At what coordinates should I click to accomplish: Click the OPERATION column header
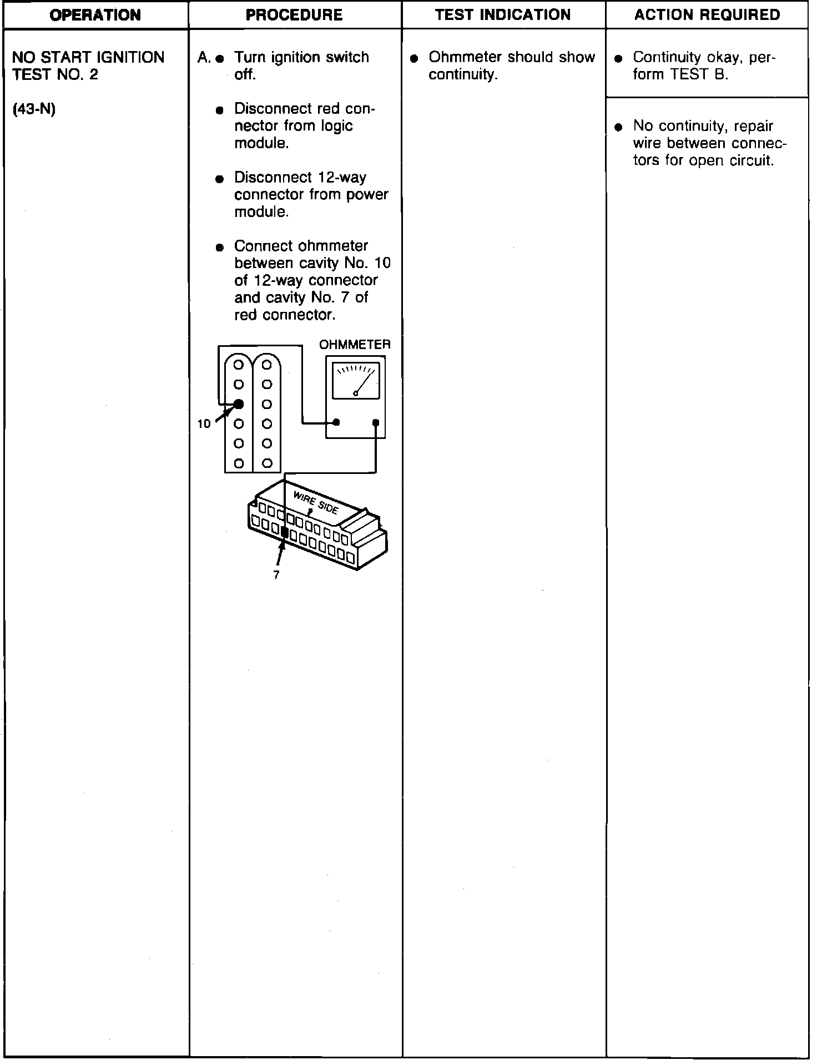(x=95, y=15)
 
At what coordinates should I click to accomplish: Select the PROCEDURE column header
(x=294, y=15)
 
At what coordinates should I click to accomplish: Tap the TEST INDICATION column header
(x=503, y=15)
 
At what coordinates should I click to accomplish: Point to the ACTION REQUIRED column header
(x=707, y=15)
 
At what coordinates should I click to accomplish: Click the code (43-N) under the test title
(x=34, y=109)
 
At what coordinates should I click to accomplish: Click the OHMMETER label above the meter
(x=355, y=345)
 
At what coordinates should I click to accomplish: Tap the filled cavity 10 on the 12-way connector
(x=239, y=404)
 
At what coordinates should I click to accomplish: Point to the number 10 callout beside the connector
(x=204, y=424)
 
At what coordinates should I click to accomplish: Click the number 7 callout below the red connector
(x=276, y=576)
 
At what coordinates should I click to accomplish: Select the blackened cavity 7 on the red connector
(x=285, y=532)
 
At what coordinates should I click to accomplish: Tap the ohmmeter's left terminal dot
(x=336, y=423)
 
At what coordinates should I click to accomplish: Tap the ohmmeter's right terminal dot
(x=376, y=423)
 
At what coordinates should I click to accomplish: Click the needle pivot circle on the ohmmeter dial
(x=355, y=393)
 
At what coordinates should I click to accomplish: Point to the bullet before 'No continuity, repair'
(x=619, y=127)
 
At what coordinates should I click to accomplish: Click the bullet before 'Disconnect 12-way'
(x=220, y=179)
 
